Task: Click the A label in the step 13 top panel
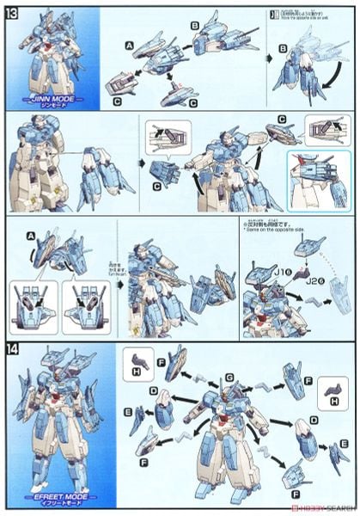tap(128, 45)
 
